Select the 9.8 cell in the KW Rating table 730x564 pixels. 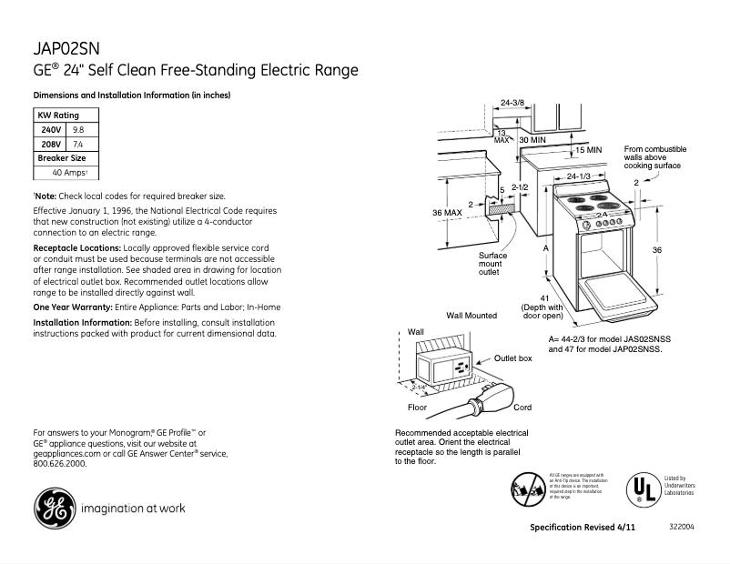coord(78,130)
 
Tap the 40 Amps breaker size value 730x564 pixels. coord(69,173)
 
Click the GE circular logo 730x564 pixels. coord(54,509)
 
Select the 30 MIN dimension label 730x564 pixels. coord(532,141)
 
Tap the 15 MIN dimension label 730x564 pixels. coord(589,149)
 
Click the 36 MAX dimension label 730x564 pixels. coord(449,213)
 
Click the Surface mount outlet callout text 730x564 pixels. coord(492,264)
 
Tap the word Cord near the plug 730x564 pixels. coord(522,408)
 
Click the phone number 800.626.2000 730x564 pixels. coord(59,463)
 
